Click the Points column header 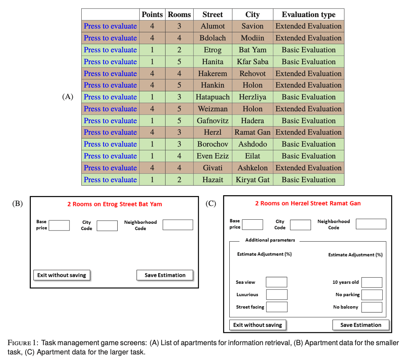tap(152, 14)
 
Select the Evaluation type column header tap(308, 14)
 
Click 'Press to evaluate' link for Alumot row tap(110, 26)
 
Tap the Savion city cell tap(252, 26)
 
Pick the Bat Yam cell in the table tap(252, 50)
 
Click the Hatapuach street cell tap(213, 97)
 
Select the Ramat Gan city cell tap(252, 132)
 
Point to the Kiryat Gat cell tap(252, 180)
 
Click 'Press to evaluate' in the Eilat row tap(110, 156)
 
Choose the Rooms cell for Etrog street tap(179, 50)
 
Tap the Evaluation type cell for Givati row tap(308, 168)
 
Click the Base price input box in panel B tap(59, 225)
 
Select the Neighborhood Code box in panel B tap(178, 225)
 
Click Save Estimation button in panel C tap(361, 325)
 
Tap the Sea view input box tap(276, 282)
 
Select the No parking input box tap(372, 295)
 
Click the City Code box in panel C tap(300, 225)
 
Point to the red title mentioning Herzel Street tap(308, 203)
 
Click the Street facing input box tap(276, 307)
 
